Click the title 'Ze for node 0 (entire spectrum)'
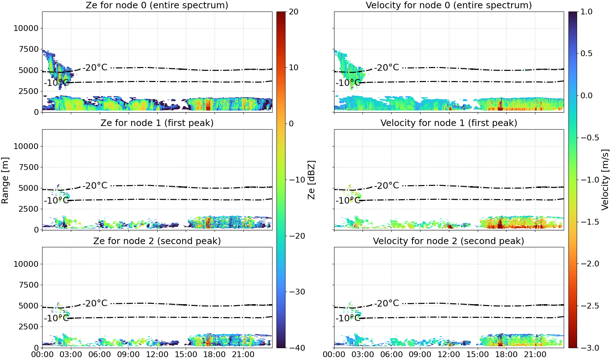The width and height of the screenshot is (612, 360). coord(157,5)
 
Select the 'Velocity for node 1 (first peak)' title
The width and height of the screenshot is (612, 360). coord(449,123)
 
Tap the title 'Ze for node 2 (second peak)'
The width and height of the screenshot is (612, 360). coord(157,241)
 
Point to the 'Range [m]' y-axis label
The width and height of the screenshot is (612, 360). coord(5,180)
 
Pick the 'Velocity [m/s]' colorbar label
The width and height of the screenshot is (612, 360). coord(605,179)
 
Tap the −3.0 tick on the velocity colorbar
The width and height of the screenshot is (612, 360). coord(586,348)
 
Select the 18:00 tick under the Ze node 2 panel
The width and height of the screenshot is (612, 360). coord(215,355)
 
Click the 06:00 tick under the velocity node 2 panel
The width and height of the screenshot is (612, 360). coord(392,355)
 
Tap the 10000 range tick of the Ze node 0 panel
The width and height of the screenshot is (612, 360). coord(26,28)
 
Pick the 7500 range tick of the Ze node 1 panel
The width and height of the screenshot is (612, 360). coord(28,167)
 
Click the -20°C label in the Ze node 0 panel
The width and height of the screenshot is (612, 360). coord(95,67)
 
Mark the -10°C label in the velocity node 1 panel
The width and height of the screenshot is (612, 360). coord(348,201)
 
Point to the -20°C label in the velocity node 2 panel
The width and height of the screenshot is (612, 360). coord(386,303)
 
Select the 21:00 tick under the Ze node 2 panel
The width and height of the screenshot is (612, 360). coord(243,355)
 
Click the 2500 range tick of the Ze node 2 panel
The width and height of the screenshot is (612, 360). coord(28,327)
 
